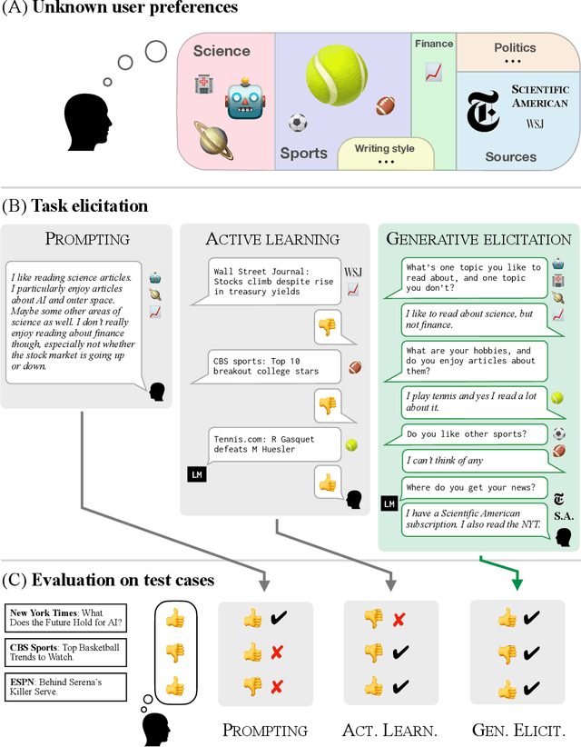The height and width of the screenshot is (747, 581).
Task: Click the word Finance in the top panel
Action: (434, 44)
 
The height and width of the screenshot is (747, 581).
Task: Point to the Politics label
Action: (515, 47)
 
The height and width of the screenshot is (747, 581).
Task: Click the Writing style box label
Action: (385, 148)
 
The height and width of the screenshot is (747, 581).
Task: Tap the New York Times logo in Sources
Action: (482, 113)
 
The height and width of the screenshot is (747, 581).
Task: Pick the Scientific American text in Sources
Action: (540, 95)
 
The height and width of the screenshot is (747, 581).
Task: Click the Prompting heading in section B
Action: (86, 239)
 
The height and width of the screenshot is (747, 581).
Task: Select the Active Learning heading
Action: (272, 239)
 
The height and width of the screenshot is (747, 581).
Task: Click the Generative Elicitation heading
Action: (478, 239)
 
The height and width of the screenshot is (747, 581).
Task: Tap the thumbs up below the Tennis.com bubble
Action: (327, 482)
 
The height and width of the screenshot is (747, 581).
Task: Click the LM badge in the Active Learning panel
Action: (196, 473)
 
